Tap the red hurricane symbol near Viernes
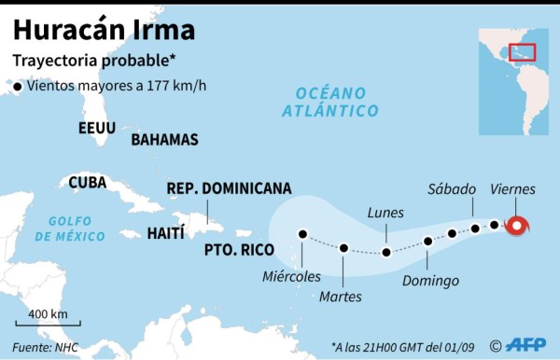[517, 226]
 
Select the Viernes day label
[511, 189]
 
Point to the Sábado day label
[452, 189]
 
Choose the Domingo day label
[430, 280]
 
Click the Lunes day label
[385, 213]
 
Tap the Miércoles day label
[292, 276]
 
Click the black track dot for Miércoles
[302, 234]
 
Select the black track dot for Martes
[344, 248]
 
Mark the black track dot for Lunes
[386, 253]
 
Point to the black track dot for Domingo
[428, 241]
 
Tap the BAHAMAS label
[164, 140]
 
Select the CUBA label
[87, 182]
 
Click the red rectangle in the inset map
[522, 53]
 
